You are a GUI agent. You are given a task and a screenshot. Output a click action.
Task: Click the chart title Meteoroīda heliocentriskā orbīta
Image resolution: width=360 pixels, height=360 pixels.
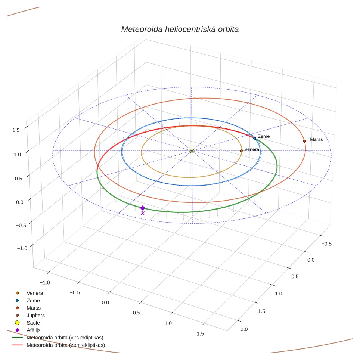tap(180, 30)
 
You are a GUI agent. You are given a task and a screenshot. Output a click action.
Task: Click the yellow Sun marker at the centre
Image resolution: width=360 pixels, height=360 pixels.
tap(192, 151)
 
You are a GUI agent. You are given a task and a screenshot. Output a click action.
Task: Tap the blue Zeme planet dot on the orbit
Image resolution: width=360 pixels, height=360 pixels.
tap(255, 139)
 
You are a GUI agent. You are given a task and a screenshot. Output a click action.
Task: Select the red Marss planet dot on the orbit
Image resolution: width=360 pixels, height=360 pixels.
tap(304, 141)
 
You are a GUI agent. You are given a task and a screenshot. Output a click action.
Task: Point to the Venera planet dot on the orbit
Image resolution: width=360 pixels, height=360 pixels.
tap(242, 151)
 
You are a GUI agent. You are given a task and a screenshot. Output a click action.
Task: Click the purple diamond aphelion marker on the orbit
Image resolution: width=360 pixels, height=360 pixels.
tap(143, 208)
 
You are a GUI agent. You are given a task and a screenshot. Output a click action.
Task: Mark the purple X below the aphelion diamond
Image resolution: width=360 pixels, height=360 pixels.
tap(143, 213)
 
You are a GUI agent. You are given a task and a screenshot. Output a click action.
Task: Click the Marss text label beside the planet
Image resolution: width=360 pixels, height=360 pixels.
tap(316, 139)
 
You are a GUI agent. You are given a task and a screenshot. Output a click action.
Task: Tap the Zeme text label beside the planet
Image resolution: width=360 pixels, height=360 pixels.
tap(264, 136)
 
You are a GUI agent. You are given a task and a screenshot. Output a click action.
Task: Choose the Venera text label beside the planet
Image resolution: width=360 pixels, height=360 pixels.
tap(252, 149)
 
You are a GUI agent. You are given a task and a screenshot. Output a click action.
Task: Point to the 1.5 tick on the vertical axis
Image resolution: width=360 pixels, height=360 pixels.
tap(16, 130)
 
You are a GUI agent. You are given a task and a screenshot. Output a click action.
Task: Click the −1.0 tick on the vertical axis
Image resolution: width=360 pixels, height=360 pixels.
tap(22, 248)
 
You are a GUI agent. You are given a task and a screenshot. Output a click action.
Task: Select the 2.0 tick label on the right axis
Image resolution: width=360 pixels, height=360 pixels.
tap(244, 329)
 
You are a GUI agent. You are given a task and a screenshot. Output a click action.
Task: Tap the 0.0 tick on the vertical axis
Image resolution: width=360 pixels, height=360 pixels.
tap(20, 202)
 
